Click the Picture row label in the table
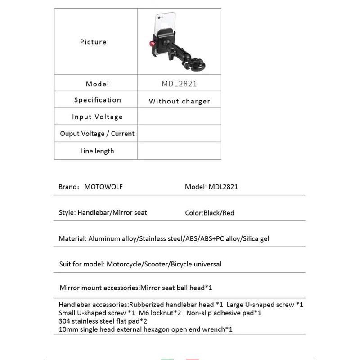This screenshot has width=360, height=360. [x=93, y=42]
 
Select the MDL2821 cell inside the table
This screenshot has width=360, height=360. [x=179, y=84]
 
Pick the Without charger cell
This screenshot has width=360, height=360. [x=179, y=101]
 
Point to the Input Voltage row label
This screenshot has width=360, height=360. [x=97, y=117]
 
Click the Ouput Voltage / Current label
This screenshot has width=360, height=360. [x=97, y=134]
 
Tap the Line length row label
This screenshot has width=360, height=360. [x=97, y=151]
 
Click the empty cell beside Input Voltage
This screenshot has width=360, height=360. [x=179, y=117]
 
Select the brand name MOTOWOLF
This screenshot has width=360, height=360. [x=103, y=187]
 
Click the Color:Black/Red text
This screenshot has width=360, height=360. [x=210, y=213]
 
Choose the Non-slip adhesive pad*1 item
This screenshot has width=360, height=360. [x=224, y=313]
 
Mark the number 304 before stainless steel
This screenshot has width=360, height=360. [x=64, y=321]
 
